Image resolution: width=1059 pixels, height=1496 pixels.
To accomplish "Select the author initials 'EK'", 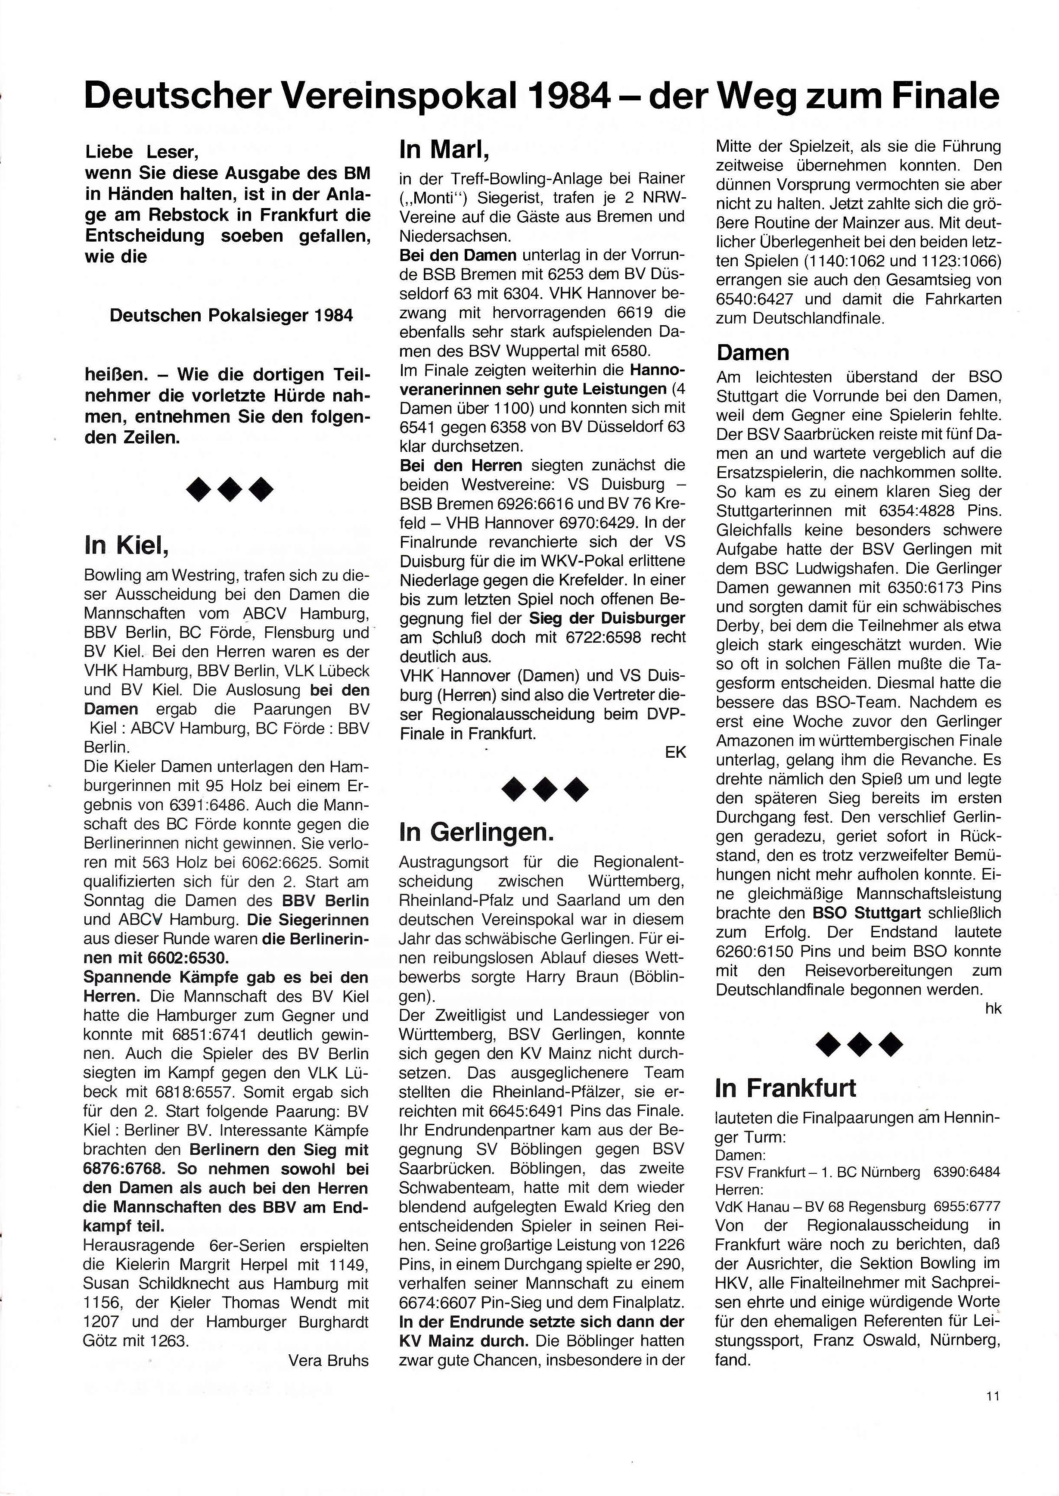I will (x=676, y=752).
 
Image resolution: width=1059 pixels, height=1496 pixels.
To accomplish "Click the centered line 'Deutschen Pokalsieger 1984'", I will (x=232, y=316).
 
